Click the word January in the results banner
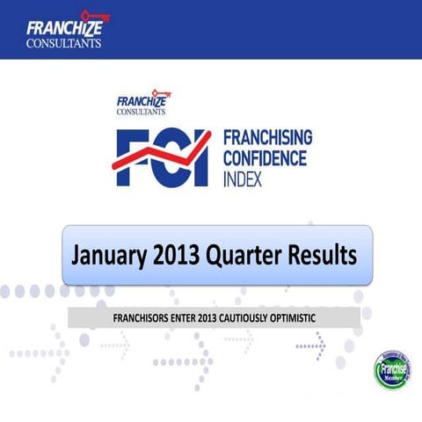coord(108,256)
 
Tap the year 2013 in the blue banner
coord(177,256)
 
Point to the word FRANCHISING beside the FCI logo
coord(267,138)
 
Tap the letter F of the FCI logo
coord(132,158)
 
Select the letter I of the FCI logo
coord(203,158)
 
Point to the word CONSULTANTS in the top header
coord(63,41)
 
